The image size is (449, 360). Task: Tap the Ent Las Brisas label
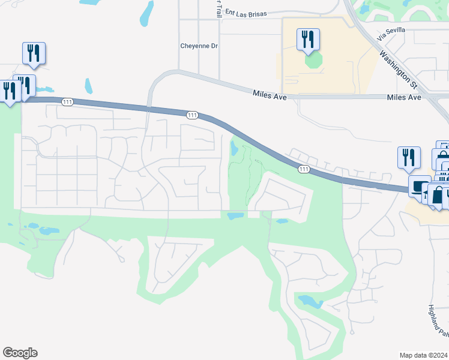tap(245, 12)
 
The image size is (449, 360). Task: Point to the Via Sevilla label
tap(391, 34)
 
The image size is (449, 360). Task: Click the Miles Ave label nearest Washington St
tap(404, 97)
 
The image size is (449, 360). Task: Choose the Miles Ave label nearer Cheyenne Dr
tap(270, 92)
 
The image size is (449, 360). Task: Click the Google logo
tap(20, 353)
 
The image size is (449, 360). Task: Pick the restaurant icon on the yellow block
tap(308, 40)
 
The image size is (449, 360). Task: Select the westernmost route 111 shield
tap(67, 103)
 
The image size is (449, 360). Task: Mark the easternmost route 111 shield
tap(304, 170)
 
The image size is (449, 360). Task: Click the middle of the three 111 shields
tap(192, 115)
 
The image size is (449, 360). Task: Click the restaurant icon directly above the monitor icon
tap(409, 157)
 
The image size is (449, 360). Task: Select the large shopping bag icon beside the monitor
tap(438, 196)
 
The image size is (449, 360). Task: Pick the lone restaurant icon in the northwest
tap(34, 53)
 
